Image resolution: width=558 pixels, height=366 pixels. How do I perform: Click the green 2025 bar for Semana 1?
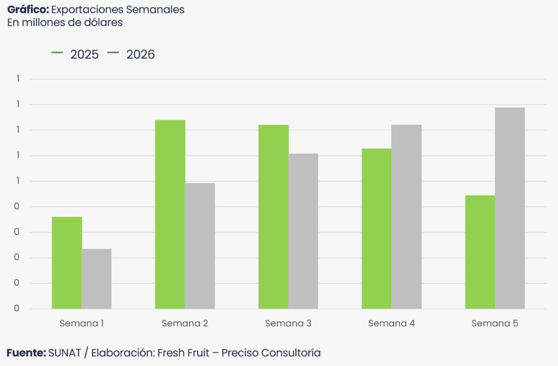coord(67,263)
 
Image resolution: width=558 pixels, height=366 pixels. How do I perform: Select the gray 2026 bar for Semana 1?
coord(96,279)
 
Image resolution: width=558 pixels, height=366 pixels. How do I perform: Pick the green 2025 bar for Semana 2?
coord(170,214)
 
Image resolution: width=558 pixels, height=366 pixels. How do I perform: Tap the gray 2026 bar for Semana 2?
coord(200,246)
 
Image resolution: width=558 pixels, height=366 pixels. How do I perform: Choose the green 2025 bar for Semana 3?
coord(274,217)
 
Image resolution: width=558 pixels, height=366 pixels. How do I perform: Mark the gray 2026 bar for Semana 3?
coord(303,231)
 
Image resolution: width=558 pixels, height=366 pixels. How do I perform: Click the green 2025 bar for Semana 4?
coord(377,229)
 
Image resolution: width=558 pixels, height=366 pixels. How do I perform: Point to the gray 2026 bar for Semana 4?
coord(407,217)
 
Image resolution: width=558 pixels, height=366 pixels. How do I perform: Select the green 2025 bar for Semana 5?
coord(480,252)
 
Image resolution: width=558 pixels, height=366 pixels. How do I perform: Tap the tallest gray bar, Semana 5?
coord(510,208)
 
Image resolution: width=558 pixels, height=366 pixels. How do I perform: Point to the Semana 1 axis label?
coord(82,324)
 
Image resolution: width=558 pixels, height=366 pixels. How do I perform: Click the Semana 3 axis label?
coord(288,324)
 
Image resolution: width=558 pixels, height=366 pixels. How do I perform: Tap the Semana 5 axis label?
coord(495,324)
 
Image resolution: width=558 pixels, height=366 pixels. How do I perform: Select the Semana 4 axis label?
coord(391,324)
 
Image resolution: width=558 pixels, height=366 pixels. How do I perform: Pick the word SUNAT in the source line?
coord(64,353)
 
